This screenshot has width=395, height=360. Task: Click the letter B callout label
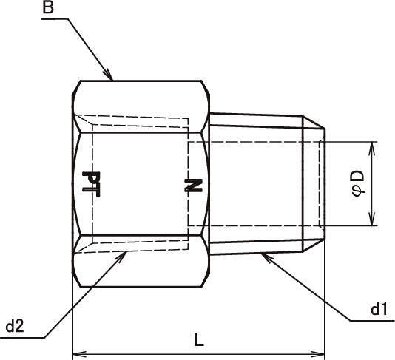[48, 7]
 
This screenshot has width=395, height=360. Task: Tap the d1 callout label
[379, 309]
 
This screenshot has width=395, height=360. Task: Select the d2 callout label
[15, 327]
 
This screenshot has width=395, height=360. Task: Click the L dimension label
[199, 339]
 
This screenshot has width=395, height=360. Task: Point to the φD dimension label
[358, 183]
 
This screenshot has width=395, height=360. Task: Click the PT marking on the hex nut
[91, 185]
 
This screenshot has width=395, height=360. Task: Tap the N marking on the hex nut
[193, 186]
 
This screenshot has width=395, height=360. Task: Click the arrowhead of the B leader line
[108, 75]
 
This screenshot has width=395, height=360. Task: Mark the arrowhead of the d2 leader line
[121, 257]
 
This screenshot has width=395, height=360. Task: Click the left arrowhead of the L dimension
[79, 353]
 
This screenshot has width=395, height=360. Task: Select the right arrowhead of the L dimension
[318, 353]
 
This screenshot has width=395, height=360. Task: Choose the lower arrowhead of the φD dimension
[372, 219]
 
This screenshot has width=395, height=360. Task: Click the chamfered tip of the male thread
[314, 184]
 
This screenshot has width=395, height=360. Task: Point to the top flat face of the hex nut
[141, 81]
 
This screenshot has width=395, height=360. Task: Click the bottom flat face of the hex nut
[141, 287]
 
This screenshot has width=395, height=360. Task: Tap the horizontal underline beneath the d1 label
[372, 321]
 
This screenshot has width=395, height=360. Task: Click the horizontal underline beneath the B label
[55, 19]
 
